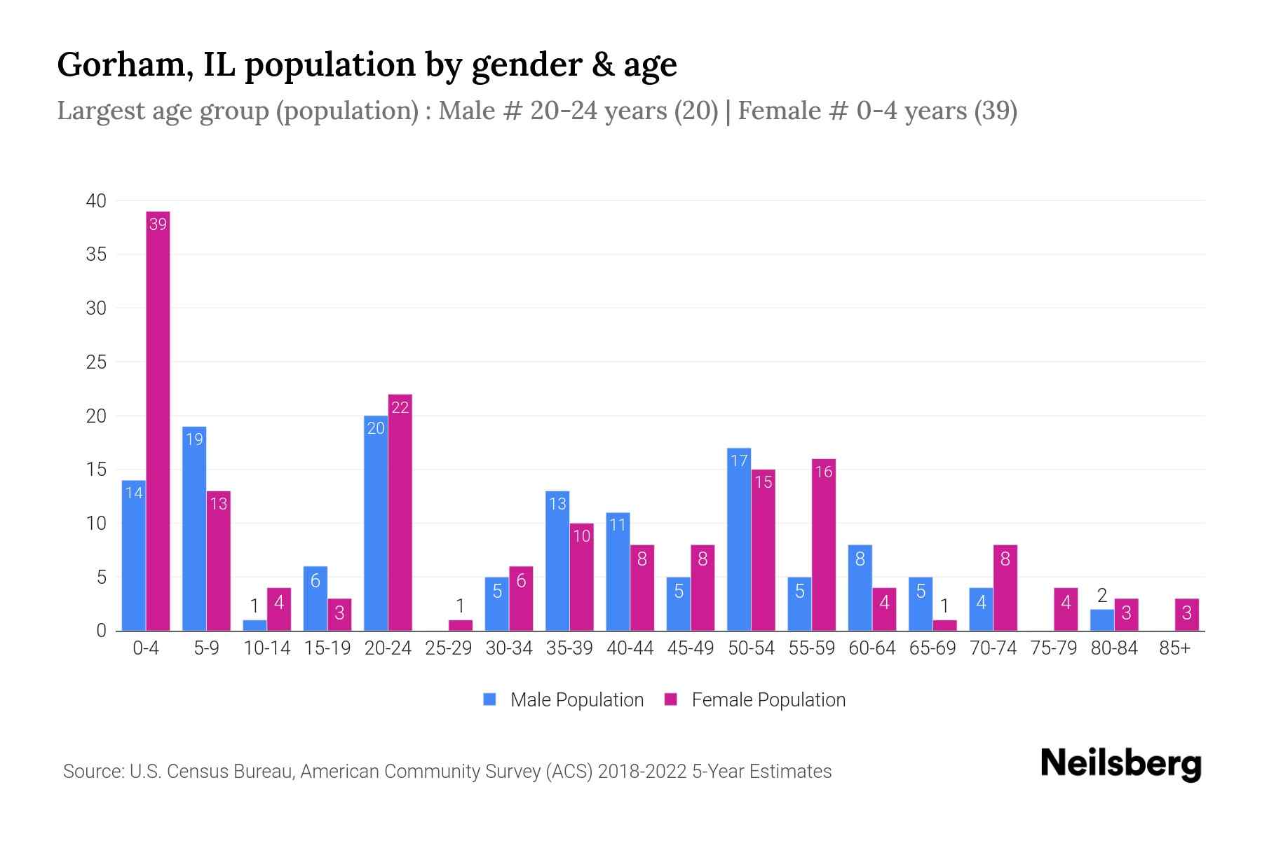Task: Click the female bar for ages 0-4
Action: (158, 420)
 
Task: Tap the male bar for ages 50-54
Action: (739, 540)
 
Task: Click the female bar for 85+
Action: (1186, 615)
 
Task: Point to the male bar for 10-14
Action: (255, 625)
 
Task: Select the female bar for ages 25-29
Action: (461, 625)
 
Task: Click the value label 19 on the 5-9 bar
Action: (194, 439)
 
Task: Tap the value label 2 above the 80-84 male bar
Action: (1102, 596)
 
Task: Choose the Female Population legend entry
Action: (755, 699)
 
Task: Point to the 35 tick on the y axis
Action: (96, 254)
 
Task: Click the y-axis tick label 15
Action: (96, 470)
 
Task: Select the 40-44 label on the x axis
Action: (630, 648)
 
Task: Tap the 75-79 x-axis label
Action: (1053, 648)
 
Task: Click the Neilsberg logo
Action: (1120, 764)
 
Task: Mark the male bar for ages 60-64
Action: (860, 587)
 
